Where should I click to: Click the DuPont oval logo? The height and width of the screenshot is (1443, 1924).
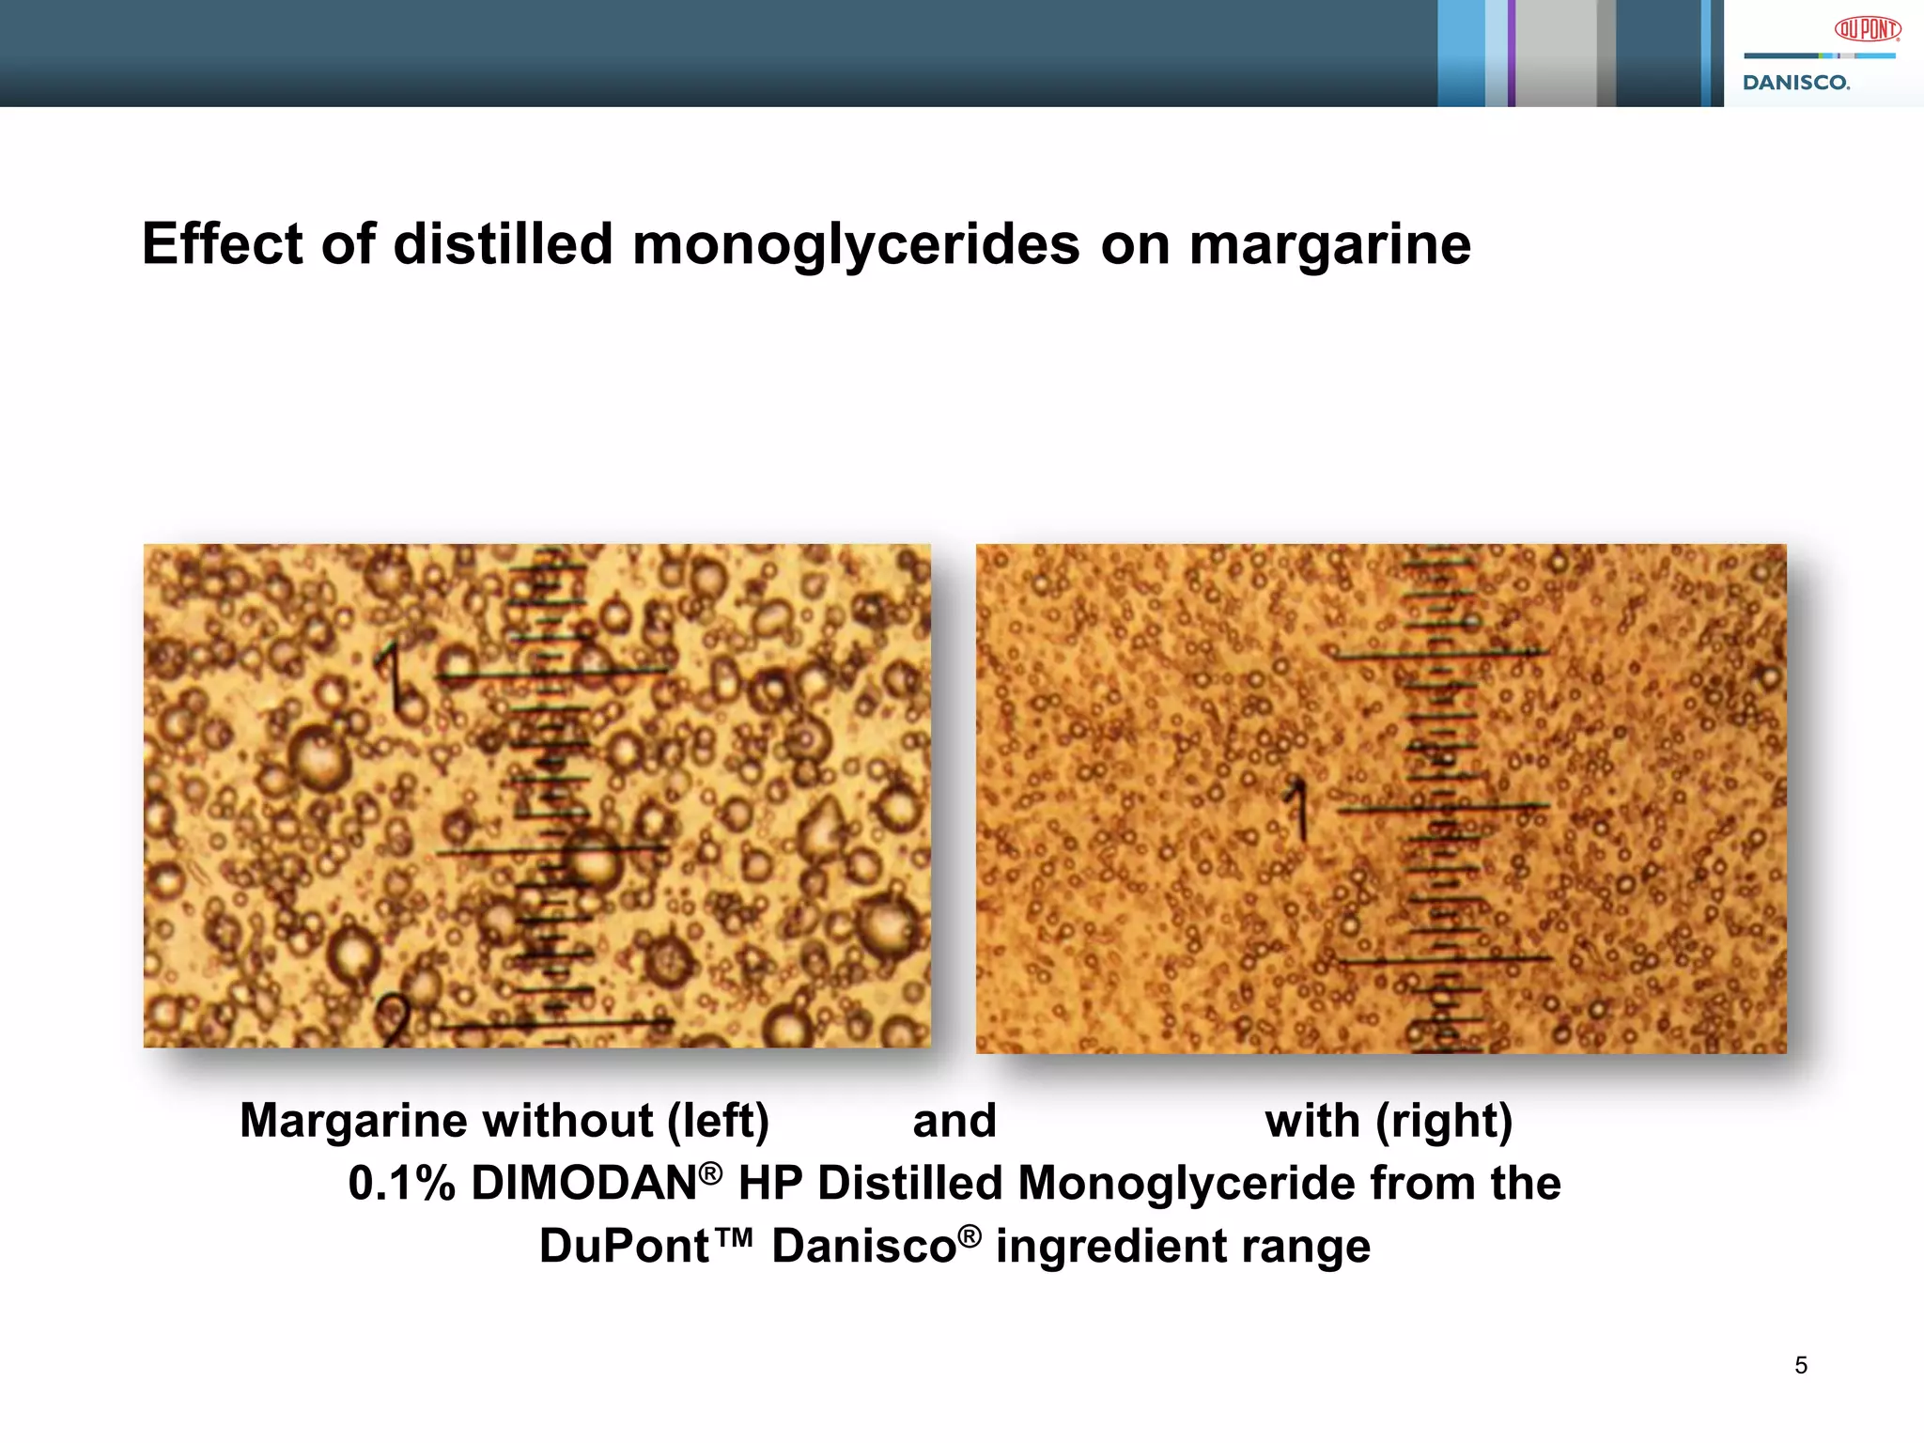(x=1868, y=30)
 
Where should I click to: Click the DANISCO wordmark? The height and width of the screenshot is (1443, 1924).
(x=1796, y=83)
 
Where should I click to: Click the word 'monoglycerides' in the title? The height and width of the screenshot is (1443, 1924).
(x=856, y=244)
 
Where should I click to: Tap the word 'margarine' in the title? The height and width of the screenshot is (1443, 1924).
(x=1329, y=244)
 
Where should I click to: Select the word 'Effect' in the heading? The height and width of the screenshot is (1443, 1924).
(x=223, y=244)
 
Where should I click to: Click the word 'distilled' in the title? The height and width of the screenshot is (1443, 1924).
(x=502, y=244)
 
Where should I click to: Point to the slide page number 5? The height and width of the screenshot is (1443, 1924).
(x=1800, y=1365)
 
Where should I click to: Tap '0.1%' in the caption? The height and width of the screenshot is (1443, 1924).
(x=401, y=1183)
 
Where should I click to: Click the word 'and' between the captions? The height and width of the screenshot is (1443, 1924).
(x=954, y=1121)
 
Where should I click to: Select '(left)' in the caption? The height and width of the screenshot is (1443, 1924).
(x=718, y=1121)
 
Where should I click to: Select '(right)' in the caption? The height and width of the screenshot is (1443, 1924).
(x=1444, y=1121)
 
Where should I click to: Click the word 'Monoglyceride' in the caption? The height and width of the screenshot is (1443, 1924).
(x=1186, y=1183)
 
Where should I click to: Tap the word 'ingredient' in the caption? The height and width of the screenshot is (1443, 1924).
(x=1110, y=1247)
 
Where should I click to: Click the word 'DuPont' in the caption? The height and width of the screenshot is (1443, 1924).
(x=624, y=1247)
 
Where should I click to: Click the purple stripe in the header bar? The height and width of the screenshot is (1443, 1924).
(x=1512, y=53)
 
